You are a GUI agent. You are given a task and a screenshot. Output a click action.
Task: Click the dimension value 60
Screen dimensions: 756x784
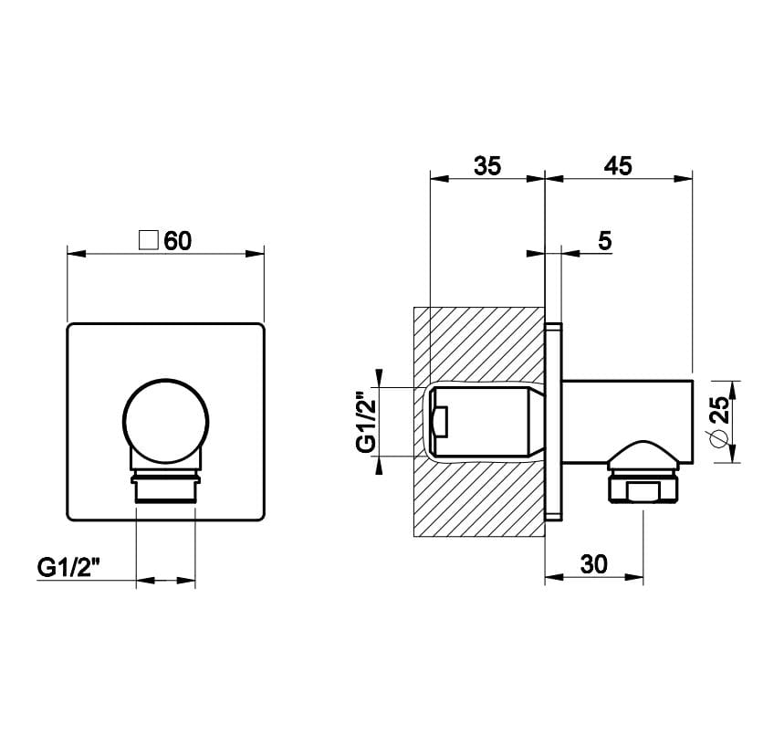(x=178, y=241)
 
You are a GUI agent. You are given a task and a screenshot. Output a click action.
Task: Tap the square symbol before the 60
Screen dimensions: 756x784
(x=148, y=241)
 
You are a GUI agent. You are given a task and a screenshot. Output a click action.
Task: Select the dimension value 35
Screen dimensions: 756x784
(x=487, y=165)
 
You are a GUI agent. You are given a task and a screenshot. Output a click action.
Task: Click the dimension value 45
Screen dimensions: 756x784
(x=618, y=165)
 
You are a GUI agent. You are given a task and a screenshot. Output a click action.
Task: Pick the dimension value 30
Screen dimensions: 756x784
(x=593, y=564)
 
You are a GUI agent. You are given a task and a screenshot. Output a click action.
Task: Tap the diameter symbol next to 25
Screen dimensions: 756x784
(x=721, y=439)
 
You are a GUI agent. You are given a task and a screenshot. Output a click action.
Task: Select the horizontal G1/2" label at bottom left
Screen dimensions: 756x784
(x=68, y=566)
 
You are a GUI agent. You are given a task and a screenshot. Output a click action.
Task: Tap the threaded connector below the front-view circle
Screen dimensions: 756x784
(x=165, y=487)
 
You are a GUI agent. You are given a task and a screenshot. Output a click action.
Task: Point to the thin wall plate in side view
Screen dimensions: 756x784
(x=553, y=422)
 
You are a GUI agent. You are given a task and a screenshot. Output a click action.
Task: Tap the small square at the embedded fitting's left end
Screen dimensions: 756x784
(x=439, y=423)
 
